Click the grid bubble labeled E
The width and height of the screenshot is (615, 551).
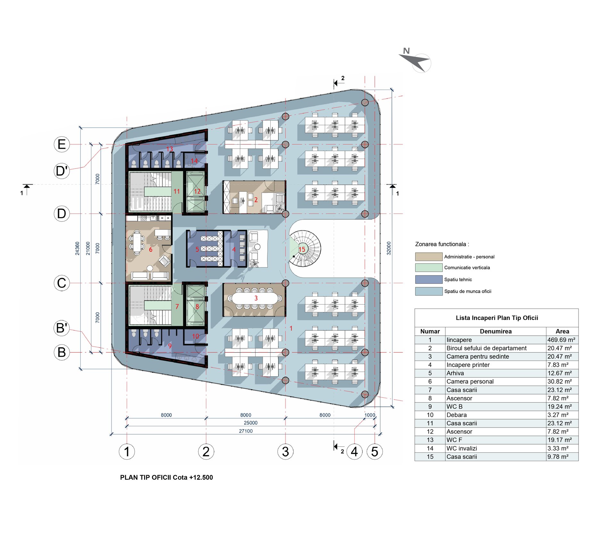[x=62, y=144]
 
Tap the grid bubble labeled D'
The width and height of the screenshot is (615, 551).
[x=62, y=171]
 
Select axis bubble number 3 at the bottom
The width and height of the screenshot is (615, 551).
[x=285, y=451]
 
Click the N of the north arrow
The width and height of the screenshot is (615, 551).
[x=406, y=51]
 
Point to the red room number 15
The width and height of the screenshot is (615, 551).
[x=302, y=249]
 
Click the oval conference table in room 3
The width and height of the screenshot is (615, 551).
[x=255, y=298]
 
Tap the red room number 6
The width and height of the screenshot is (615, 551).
[x=151, y=250]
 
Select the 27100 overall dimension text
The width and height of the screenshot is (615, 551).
[x=246, y=431]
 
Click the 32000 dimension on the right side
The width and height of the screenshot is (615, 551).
[x=389, y=248]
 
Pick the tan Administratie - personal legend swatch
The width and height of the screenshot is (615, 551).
[x=429, y=257]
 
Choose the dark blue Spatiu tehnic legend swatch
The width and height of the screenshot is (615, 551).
[x=429, y=279]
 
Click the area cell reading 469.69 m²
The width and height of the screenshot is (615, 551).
[x=562, y=340]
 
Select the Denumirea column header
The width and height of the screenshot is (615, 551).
[x=496, y=331]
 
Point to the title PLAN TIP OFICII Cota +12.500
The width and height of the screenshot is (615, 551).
[x=166, y=477]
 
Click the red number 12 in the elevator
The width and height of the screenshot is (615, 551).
[x=197, y=191]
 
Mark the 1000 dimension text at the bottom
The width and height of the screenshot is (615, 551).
[x=370, y=415]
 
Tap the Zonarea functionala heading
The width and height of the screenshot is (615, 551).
[x=442, y=244]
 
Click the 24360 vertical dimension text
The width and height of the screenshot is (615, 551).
[x=78, y=248]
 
